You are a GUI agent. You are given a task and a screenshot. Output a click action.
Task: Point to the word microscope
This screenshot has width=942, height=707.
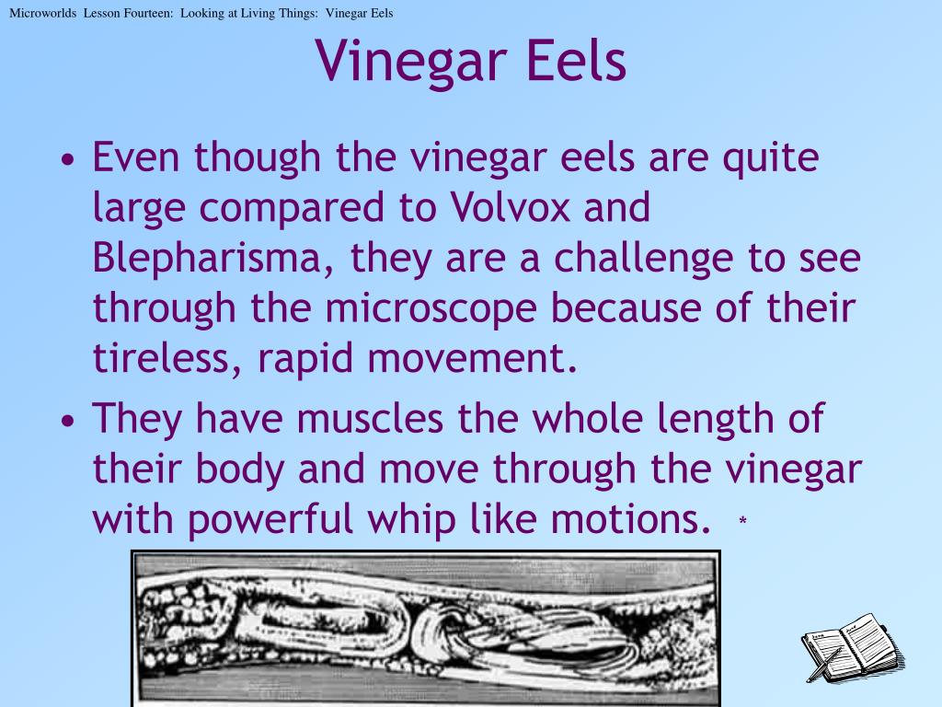tap(424, 309)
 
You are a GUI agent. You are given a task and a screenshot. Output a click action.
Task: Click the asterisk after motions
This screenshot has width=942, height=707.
tap(742, 523)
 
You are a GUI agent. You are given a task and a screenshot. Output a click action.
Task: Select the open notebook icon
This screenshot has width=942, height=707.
tap(852, 646)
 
